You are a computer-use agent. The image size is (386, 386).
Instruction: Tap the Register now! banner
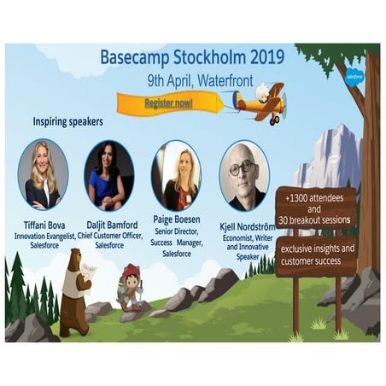(168, 103)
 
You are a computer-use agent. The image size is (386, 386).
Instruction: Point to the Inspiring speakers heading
(68, 121)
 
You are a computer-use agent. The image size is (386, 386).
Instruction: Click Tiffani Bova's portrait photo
(44, 175)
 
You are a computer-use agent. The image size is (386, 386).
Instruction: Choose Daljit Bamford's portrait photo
(109, 175)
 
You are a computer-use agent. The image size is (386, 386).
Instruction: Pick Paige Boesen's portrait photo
(176, 175)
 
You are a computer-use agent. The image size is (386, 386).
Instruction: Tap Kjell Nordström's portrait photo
(243, 175)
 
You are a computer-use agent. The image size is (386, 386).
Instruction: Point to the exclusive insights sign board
(316, 255)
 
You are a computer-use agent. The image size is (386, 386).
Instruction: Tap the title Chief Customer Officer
(109, 236)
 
